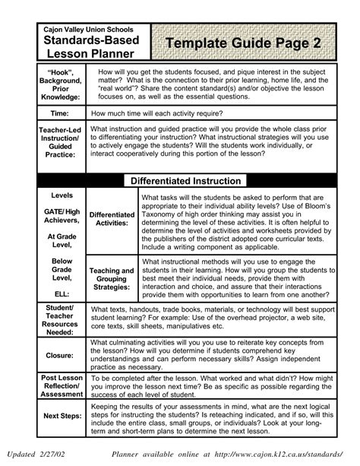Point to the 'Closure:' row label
tap(60, 355)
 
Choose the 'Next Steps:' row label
tap(60, 416)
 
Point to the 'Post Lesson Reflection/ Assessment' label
tap(60, 385)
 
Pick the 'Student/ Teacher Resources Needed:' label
tap(60, 321)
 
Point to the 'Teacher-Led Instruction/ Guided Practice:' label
tap(60, 142)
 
